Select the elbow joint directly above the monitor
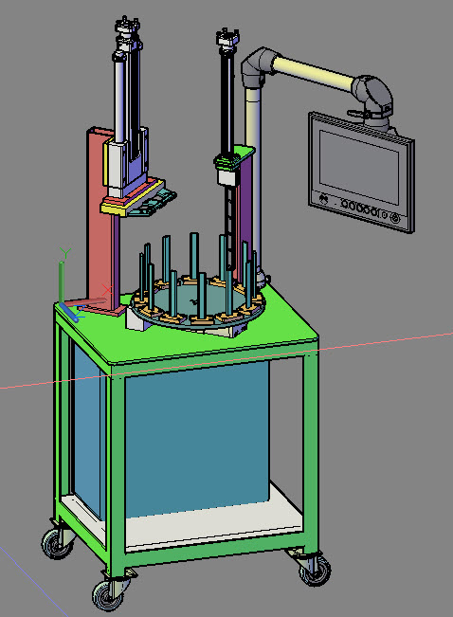372,96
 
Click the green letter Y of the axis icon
63,251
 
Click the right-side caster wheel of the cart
314,569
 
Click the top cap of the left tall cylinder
128,24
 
